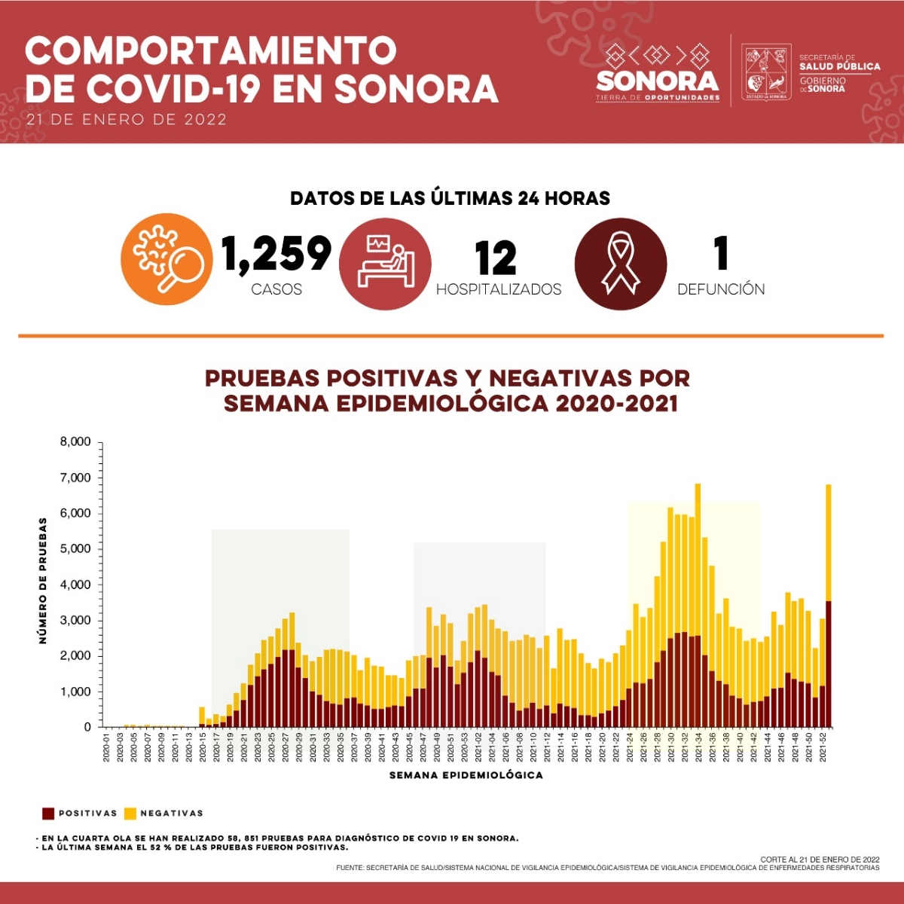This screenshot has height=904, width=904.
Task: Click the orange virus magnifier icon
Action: pos(166,259)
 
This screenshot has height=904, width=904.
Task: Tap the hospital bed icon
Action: pos(385,264)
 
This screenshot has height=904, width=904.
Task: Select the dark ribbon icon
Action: pos(621,264)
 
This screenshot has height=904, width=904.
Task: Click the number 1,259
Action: pos(276,254)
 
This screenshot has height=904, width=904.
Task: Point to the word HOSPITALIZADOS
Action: pos(499,289)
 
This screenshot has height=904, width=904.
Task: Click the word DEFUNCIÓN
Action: pos(721,289)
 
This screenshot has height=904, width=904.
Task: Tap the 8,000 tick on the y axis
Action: pos(75,442)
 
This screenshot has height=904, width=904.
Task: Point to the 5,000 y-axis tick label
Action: pos(75,549)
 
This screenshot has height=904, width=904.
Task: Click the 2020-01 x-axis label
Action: pos(107,747)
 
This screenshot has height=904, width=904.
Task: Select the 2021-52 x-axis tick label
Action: pos(823,747)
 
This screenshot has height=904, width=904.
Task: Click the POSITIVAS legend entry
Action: pos(81,814)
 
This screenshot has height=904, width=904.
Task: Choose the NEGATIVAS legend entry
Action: pos(163,814)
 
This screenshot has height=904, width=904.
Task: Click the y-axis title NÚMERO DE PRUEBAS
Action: pos(43,580)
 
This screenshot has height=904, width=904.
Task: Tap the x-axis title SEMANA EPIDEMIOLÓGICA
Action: pos(466,775)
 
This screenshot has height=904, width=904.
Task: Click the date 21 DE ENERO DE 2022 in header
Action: pos(126,119)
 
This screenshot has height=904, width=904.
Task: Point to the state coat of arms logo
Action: pos(766,72)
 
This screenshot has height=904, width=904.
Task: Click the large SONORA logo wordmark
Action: pos(658,80)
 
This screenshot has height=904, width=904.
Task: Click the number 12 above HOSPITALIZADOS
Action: pos(496,258)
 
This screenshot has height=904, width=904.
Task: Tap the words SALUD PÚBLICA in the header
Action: pos(840,66)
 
